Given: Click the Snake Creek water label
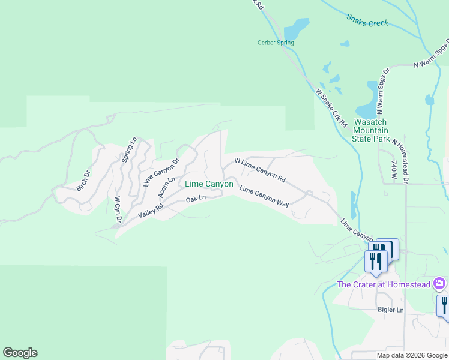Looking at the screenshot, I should click(367, 19).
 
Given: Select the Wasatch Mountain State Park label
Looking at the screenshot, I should click(370, 130).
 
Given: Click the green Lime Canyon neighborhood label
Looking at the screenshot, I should click(209, 184).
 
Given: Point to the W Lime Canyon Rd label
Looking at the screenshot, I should click(259, 170).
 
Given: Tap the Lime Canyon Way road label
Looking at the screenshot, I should click(264, 197).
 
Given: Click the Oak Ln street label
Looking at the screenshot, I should click(196, 198).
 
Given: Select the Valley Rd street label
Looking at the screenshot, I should click(151, 211).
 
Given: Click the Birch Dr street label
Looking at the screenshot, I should click(83, 181).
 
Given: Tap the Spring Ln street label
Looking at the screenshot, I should click(129, 149).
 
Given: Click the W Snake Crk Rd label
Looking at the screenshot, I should click(332, 108).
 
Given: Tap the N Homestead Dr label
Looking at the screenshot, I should click(400, 160).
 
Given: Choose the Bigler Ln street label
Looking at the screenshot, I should click(391, 310).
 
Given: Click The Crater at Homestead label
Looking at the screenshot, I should click(385, 284).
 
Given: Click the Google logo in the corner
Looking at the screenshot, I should click(20, 353).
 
